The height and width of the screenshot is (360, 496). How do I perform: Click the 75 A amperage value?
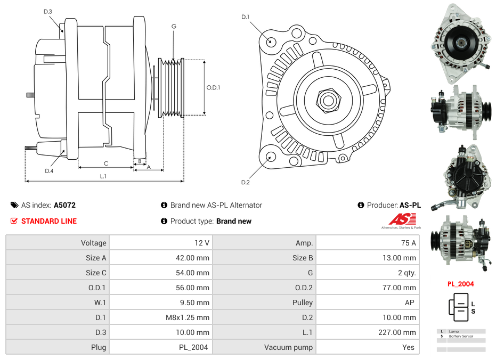pyautogui.click(x=408, y=243)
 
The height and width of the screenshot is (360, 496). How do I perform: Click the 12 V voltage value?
pyautogui.click(x=201, y=243)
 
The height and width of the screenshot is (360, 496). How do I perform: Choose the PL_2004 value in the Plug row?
pyautogui.click(x=193, y=347)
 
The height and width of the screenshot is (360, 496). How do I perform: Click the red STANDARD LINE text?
pyautogui.click(x=49, y=221)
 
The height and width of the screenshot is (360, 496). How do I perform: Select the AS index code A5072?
pyautogui.click(x=64, y=205)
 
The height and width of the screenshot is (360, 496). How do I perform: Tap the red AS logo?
pyautogui.click(x=402, y=219)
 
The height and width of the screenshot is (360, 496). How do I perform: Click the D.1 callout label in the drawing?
pyautogui.click(x=245, y=17)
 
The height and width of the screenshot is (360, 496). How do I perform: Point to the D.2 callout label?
pyautogui.click(x=245, y=183)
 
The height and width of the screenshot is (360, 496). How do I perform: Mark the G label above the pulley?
pyautogui.click(x=174, y=26)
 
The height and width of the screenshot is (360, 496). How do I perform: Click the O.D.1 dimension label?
pyautogui.click(x=213, y=87)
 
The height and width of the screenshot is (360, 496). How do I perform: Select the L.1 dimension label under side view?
pyautogui.click(x=103, y=176)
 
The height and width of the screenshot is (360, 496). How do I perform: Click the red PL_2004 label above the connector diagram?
pyautogui.click(x=460, y=284)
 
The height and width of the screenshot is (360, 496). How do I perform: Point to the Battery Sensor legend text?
pyautogui.click(x=461, y=337)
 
